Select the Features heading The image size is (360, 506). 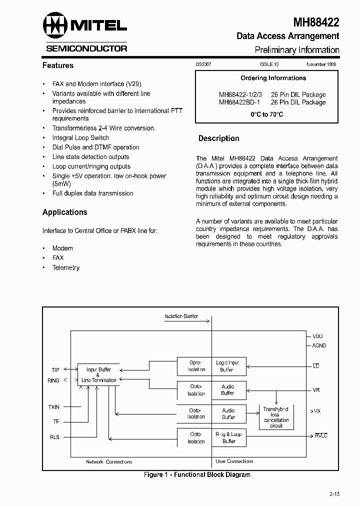point(58,65)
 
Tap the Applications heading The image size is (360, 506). point(65,212)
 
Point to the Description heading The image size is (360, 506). point(218,138)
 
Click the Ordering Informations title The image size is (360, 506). point(273,78)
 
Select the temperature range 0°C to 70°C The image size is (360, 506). point(266,114)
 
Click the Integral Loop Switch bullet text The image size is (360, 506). point(80,137)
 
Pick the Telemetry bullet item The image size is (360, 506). point(66,267)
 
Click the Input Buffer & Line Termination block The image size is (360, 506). point(98,375)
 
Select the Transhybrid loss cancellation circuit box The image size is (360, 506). point(276,417)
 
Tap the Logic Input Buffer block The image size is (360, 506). point(227,366)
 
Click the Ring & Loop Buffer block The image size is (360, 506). point(228,437)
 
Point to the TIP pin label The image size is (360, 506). point(55,370)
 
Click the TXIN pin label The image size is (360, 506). point(53,407)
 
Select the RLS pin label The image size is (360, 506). point(54,437)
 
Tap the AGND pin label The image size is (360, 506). point(319,345)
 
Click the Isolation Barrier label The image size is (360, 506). point(181,316)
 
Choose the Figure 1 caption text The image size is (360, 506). point(197,474)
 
